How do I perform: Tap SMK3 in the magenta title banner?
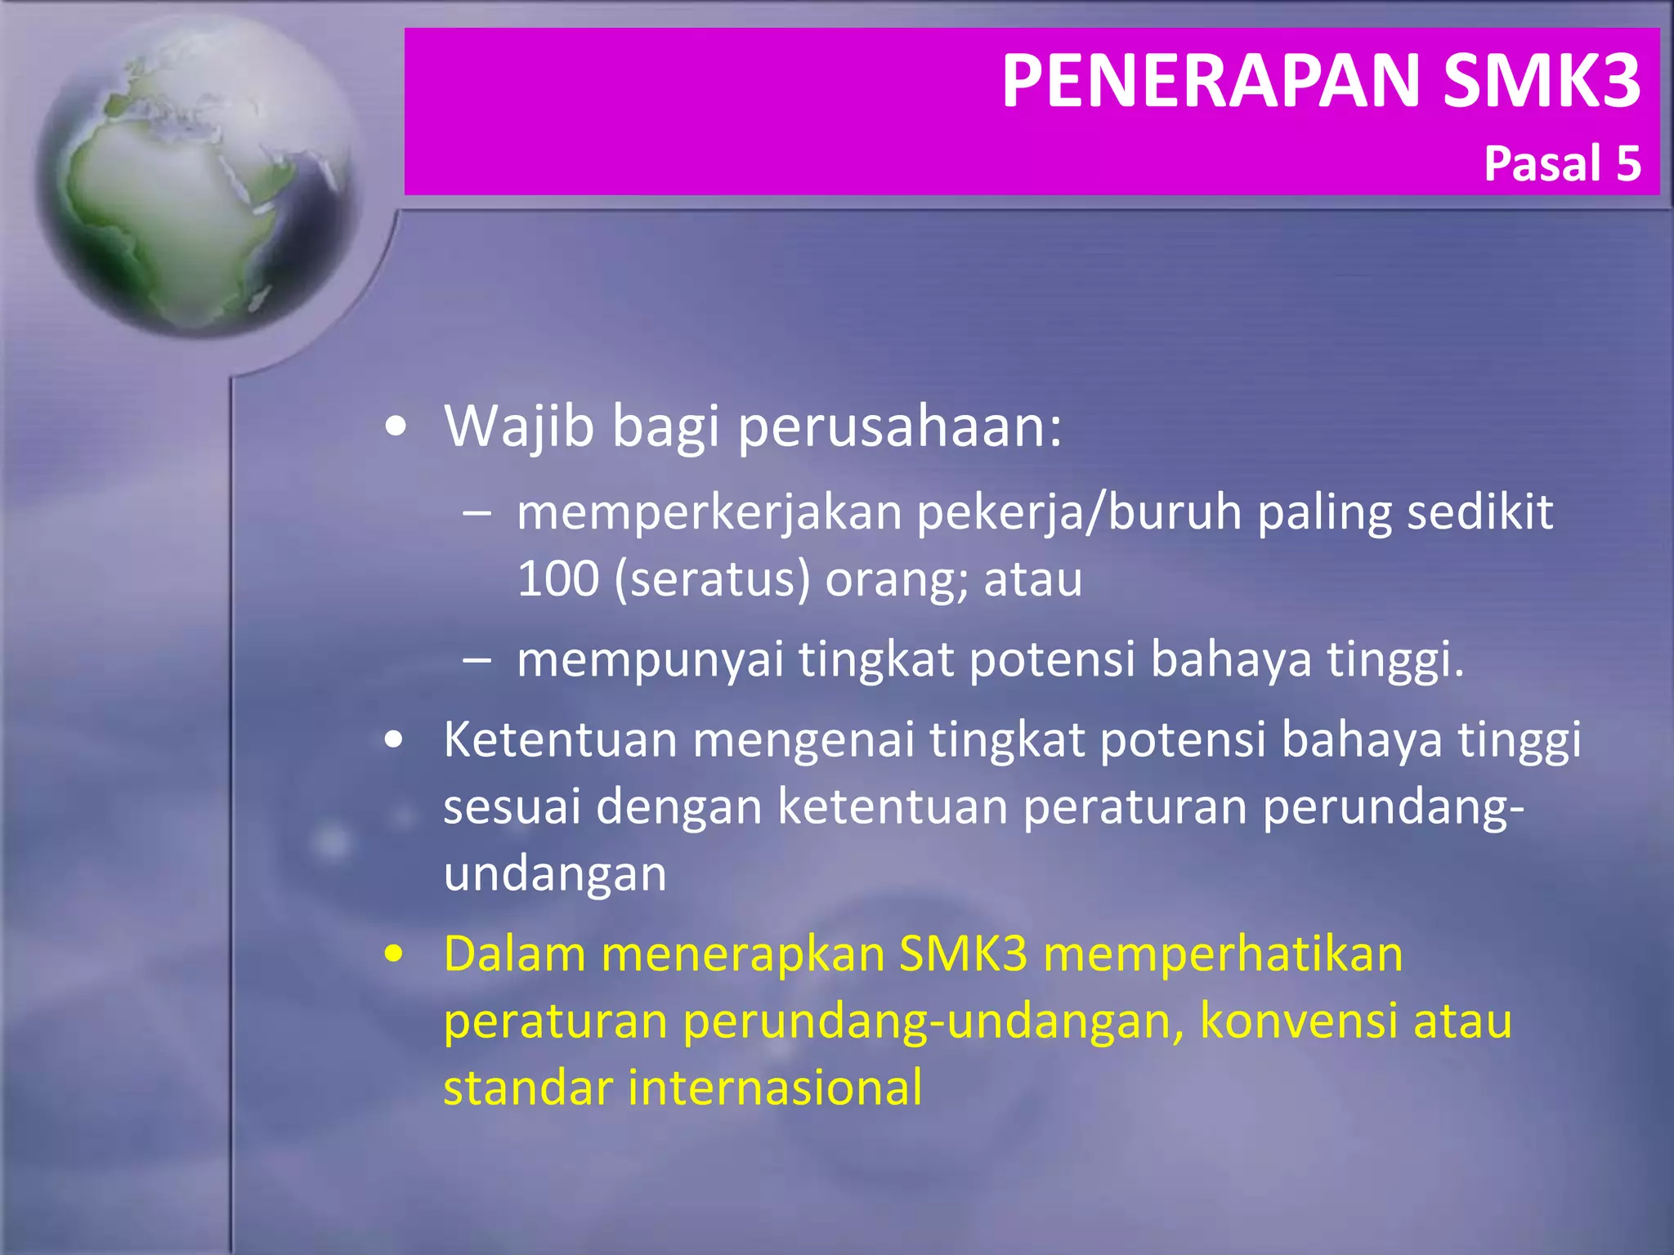coord(1542,80)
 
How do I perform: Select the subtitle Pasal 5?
coord(1562,163)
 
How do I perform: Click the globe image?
coord(196,176)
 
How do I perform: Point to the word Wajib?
coord(518,427)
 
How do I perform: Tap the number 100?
coord(557,579)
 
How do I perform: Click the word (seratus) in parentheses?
coord(711,580)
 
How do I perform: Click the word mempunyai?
coord(650,660)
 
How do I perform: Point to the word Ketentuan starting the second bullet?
coord(561,739)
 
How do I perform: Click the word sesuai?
coord(512,806)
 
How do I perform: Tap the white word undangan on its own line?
coord(555,874)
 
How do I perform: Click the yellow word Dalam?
coord(514,954)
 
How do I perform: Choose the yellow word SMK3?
coord(963,954)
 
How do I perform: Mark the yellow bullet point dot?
coord(395,954)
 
